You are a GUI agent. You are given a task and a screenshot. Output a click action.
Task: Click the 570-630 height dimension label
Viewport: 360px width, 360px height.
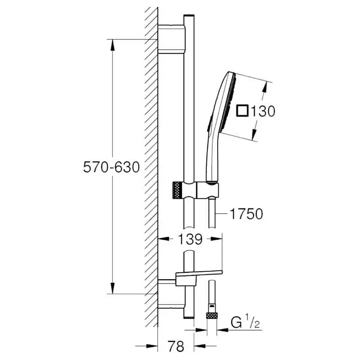tap(111, 167)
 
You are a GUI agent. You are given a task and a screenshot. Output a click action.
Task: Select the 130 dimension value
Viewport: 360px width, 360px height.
tap(263, 111)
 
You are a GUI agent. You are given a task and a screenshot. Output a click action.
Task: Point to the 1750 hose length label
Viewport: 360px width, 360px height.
tap(246, 214)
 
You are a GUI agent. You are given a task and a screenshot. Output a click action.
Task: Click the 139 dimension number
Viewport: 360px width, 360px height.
tap(191, 239)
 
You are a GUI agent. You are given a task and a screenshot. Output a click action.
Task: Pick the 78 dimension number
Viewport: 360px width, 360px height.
tap(176, 346)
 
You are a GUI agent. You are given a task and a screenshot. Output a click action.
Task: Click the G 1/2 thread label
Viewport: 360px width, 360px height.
tap(245, 323)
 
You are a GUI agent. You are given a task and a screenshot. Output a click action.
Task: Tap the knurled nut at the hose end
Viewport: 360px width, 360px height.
tap(212, 316)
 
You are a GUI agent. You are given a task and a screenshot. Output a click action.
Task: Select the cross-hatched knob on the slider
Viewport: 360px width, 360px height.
tap(177, 190)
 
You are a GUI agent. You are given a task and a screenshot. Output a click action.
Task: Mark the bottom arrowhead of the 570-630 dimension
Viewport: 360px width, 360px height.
tap(112, 288)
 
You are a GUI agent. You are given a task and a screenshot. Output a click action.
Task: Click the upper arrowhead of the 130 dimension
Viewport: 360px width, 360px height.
tap(265, 87)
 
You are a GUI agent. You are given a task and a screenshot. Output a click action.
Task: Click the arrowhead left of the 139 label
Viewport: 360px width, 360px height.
tap(164, 239)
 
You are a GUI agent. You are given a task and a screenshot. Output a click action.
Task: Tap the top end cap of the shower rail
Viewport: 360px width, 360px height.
tap(189, 15)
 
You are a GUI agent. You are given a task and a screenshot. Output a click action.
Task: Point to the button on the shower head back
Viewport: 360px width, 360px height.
tap(209, 124)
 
